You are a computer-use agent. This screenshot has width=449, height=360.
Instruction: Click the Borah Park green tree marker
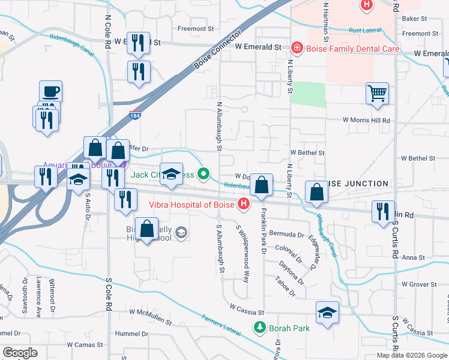(259, 328)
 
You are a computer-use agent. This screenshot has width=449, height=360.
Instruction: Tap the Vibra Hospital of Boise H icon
(244, 205)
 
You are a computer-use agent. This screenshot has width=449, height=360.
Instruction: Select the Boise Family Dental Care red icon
(295, 47)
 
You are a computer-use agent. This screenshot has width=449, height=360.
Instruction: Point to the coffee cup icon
(50, 92)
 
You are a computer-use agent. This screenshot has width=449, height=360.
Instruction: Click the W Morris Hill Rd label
(366, 120)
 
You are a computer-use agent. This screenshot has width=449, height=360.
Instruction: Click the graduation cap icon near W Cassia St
(327, 313)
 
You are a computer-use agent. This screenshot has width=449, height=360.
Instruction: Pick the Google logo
(20, 353)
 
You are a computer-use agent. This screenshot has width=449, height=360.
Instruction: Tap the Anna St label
(414, 258)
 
